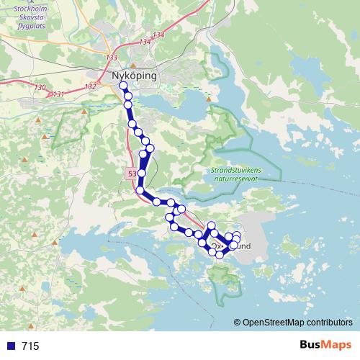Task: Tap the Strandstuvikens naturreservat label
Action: coord(235,173)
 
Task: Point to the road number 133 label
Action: coord(111,58)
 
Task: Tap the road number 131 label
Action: coord(58,94)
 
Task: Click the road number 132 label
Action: coord(90,86)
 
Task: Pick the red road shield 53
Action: coord(131,174)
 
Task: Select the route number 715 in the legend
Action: coord(30,346)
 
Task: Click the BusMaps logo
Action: coord(325,346)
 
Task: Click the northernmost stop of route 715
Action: coord(123,85)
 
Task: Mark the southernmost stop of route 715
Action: coord(220,255)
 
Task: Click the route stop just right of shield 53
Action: coord(142,174)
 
